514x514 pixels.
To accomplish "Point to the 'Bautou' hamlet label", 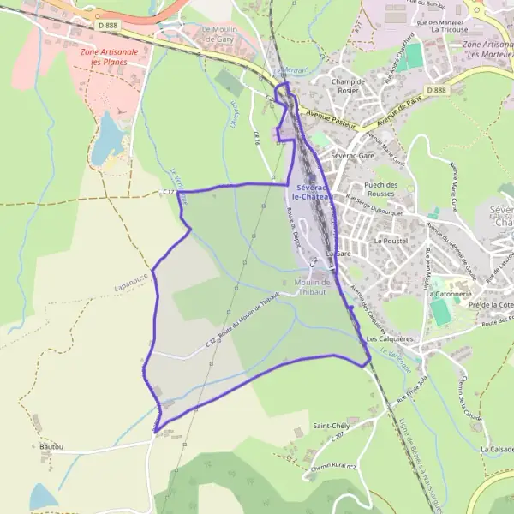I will (51, 446).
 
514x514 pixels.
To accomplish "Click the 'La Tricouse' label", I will (449, 28).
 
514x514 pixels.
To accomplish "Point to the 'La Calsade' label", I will (496, 449).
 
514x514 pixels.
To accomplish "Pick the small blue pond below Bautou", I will (42, 496).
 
